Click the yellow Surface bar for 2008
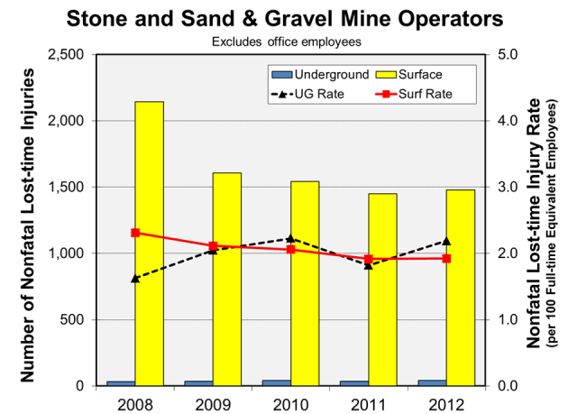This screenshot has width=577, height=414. tap(149, 244)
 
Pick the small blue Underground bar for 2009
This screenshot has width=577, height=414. tap(198, 382)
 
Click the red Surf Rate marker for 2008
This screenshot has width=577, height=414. tap(135, 233)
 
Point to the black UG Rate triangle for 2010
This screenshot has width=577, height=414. tap(290, 239)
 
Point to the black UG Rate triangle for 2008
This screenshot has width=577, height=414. tap(135, 279)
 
